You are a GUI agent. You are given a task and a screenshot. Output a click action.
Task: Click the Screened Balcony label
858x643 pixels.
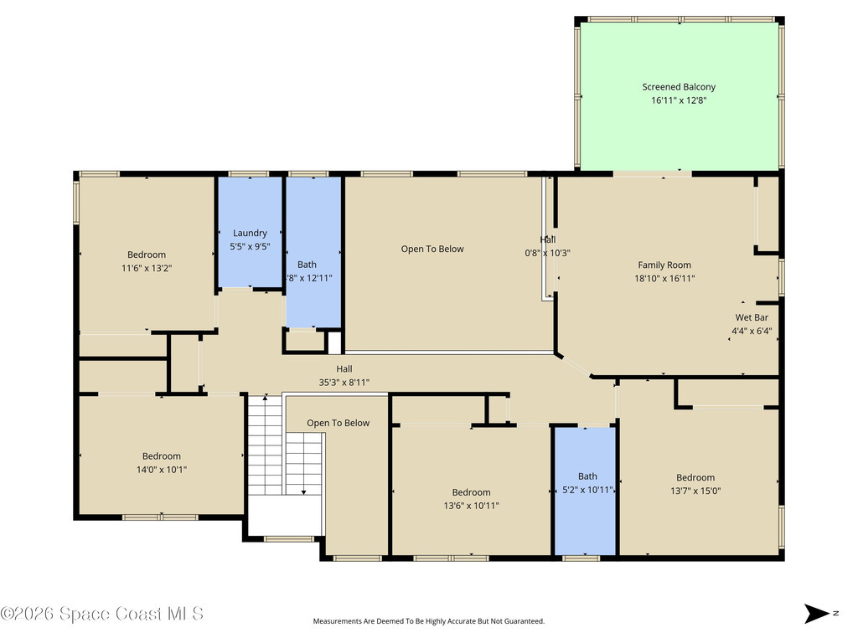[x=679, y=86]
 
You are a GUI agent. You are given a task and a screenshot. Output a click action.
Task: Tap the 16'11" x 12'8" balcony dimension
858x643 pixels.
[x=679, y=100]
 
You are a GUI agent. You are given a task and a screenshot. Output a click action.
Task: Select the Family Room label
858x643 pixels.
[x=664, y=265]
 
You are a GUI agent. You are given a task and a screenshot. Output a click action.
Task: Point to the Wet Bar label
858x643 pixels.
[x=752, y=317]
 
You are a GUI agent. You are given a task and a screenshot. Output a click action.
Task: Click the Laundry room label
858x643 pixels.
[x=250, y=233]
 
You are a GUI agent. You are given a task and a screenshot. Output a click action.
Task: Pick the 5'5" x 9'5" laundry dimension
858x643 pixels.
[x=250, y=246]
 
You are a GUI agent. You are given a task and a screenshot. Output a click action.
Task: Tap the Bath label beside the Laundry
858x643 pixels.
[x=307, y=264]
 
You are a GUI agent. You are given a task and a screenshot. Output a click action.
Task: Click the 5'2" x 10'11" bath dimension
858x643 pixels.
[x=587, y=490]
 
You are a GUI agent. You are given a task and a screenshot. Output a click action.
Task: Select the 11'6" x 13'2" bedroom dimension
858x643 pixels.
[x=147, y=268]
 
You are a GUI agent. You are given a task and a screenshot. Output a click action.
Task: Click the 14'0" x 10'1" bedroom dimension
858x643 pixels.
[x=161, y=470]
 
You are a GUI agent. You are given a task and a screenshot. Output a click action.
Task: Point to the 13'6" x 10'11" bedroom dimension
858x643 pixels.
[x=472, y=505]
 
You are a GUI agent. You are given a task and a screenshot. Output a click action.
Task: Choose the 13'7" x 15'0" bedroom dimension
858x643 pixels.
[x=695, y=491]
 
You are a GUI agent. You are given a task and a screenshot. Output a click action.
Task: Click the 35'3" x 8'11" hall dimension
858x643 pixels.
[x=344, y=382]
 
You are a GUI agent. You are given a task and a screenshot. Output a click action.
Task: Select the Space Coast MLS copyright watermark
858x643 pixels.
[x=102, y=614]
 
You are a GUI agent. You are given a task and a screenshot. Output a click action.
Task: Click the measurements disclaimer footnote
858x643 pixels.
[x=429, y=621]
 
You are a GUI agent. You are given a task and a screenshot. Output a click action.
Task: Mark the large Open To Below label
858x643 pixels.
[x=432, y=249]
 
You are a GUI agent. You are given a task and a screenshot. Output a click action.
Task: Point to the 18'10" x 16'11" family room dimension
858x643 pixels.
[x=664, y=279]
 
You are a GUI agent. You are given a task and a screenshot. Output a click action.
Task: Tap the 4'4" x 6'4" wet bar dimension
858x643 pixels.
[x=752, y=331]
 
